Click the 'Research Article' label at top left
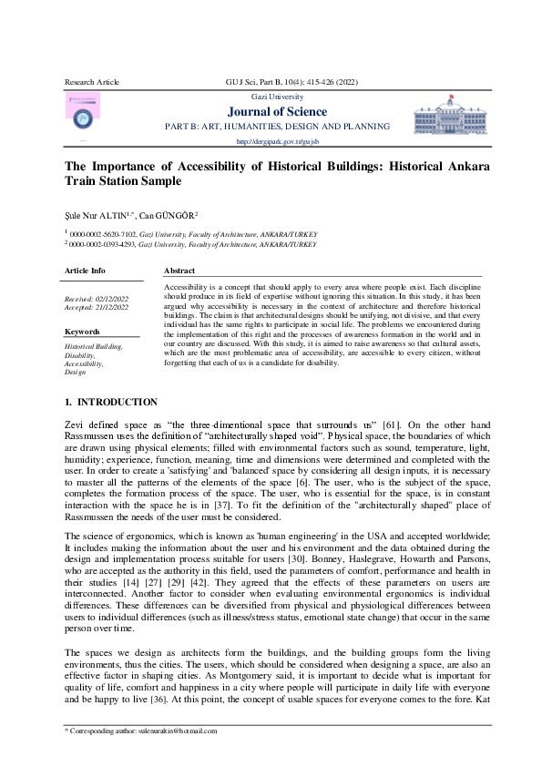point(91,82)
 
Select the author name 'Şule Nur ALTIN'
point(94,216)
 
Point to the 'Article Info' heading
point(85,271)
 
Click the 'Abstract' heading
point(179,271)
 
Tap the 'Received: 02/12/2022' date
point(97,299)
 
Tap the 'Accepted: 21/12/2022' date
point(97,308)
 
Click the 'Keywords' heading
point(82,332)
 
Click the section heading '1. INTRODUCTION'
point(110,402)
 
